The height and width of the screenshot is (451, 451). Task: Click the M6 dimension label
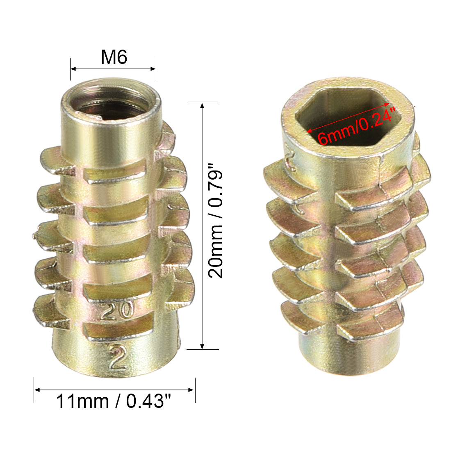click(x=114, y=57)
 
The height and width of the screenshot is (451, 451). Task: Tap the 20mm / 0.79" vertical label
click(x=215, y=221)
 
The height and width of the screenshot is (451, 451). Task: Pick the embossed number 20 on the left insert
click(x=117, y=310)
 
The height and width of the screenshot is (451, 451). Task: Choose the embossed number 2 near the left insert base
click(x=118, y=357)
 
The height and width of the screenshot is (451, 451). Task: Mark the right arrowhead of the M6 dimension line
click(x=153, y=69)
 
